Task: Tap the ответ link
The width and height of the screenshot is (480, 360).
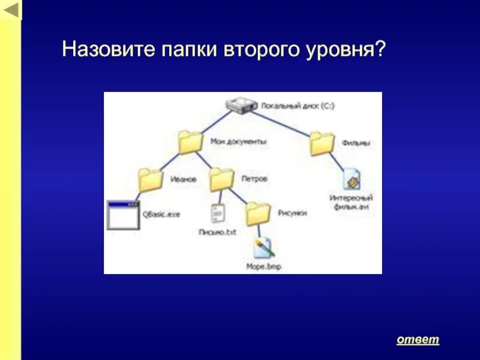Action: pyautogui.click(x=418, y=340)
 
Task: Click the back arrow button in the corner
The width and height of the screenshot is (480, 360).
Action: pyautogui.click(x=10, y=10)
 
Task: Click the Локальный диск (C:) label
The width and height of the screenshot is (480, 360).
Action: pyautogui.click(x=297, y=106)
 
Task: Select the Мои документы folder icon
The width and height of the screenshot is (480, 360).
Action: pyautogui.click(x=191, y=143)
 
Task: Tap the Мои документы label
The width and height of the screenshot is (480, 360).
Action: pyautogui.click(x=238, y=142)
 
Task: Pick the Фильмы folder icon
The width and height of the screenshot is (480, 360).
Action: pyautogui.click(x=322, y=143)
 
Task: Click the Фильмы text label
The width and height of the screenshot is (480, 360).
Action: pyautogui.click(x=356, y=143)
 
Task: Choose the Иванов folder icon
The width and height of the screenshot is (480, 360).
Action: pyautogui.click(x=151, y=179)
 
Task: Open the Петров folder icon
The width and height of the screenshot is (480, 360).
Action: pyautogui.click(x=221, y=179)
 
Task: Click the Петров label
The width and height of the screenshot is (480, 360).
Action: pyautogui.click(x=254, y=179)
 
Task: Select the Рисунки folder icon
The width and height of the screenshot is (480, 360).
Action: pyautogui.click(x=259, y=213)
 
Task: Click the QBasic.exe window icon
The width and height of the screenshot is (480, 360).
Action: pyautogui.click(x=122, y=215)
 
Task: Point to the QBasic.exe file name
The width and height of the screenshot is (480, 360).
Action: pyautogui.click(x=161, y=214)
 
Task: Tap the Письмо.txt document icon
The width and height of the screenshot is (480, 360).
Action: pyautogui.click(x=218, y=213)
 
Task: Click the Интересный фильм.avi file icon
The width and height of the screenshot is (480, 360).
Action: pyautogui.click(x=352, y=179)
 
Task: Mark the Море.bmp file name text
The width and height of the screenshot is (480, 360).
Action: pyautogui.click(x=263, y=266)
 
